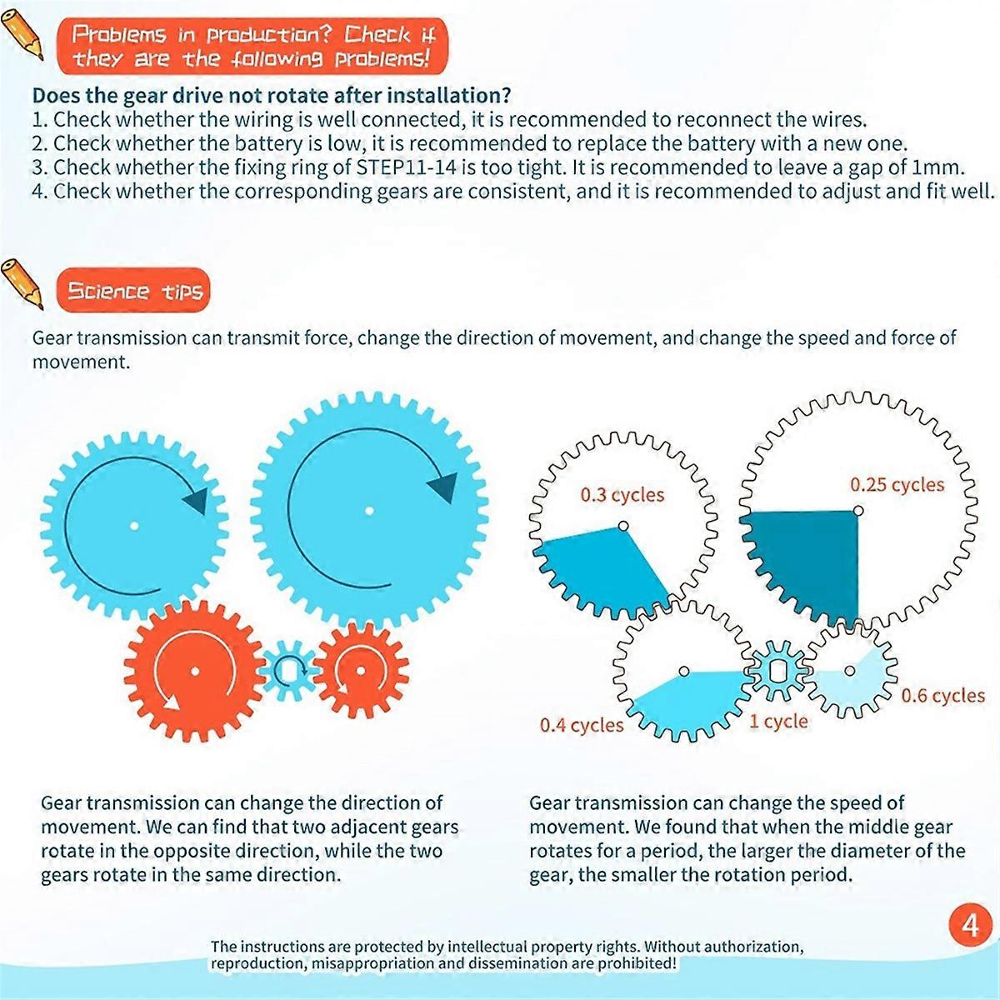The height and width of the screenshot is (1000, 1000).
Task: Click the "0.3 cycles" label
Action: click(x=622, y=495)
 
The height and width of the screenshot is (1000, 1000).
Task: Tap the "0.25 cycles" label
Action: click(x=897, y=485)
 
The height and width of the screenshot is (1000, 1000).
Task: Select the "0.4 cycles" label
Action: click(x=581, y=725)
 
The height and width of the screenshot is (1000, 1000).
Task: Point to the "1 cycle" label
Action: click(x=778, y=721)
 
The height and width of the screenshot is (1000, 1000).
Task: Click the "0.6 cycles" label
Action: click(x=942, y=695)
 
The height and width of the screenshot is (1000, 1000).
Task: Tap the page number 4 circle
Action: click(x=970, y=926)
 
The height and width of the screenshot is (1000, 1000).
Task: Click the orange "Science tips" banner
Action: click(x=133, y=291)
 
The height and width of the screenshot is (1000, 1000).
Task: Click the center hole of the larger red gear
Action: click(x=194, y=671)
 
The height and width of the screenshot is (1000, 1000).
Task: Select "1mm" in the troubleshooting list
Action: click(x=938, y=167)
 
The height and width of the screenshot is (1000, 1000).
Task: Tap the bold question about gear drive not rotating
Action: click(x=271, y=95)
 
